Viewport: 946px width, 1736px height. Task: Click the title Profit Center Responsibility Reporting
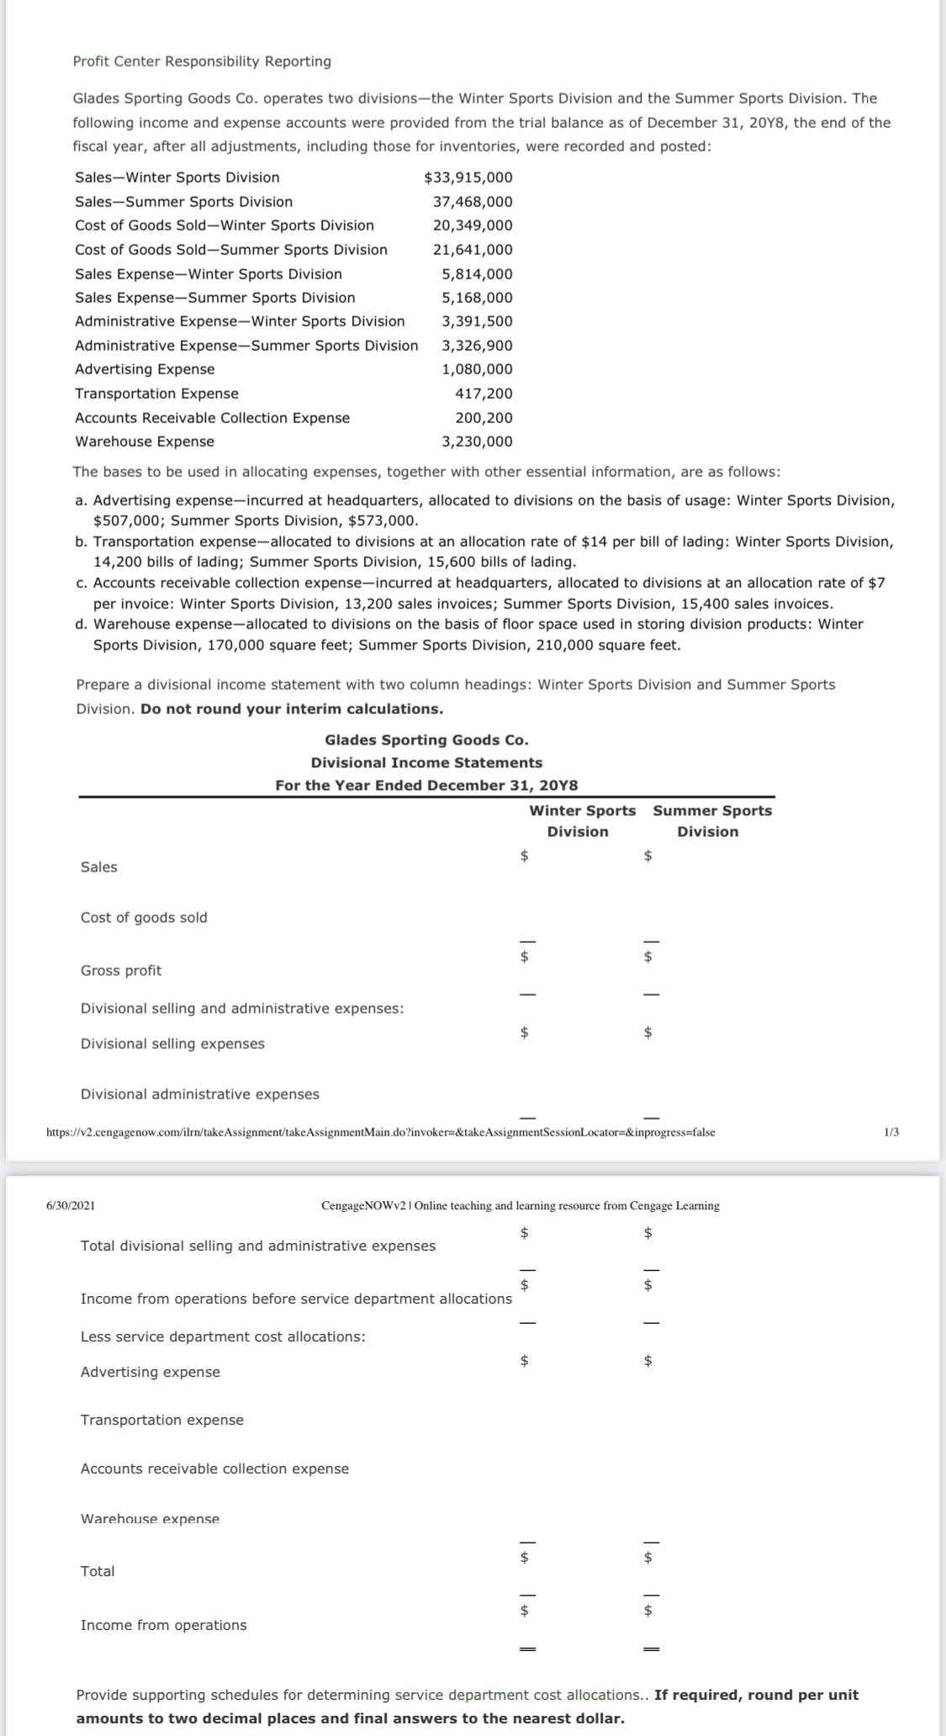point(202,61)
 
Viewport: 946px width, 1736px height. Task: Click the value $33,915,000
point(468,177)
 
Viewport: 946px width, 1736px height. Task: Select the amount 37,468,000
point(473,202)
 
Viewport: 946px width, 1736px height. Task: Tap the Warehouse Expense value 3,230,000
point(477,442)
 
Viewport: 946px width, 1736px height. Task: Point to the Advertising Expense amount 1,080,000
point(477,369)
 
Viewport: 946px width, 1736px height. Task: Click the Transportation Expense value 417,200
point(484,394)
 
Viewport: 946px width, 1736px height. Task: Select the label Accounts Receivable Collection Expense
point(212,418)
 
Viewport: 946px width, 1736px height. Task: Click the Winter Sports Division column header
point(582,821)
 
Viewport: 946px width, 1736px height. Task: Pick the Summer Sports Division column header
point(711,821)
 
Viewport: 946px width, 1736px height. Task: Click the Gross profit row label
point(121,971)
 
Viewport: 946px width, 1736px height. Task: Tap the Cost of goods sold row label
point(144,918)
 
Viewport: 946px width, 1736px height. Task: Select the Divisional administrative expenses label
point(200,1094)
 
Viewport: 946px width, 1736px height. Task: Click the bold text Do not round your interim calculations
point(292,709)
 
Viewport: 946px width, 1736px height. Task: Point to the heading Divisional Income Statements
point(426,763)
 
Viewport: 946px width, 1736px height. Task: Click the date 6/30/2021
point(71,1205)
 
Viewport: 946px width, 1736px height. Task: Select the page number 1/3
point(892,1132)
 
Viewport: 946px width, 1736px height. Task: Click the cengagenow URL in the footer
point(380,1132)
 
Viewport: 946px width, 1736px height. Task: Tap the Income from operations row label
point(164,1625)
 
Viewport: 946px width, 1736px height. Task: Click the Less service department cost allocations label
point(223,1336)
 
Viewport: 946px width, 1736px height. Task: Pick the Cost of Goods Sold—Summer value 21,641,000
point(473,250)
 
